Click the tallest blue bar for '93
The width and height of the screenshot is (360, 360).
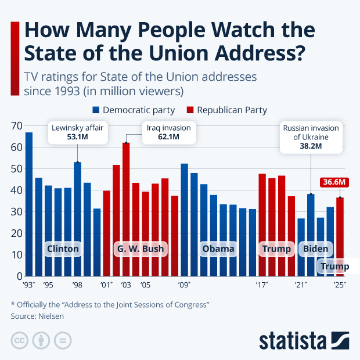coord(29,203)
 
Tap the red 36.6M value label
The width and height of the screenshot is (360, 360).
coord(334,182)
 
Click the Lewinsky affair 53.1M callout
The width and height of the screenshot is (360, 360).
coord(78,132)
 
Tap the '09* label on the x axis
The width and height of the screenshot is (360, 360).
coord(185,285)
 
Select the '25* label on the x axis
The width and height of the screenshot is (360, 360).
coord(340,285)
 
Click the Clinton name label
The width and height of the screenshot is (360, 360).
coord(63,249)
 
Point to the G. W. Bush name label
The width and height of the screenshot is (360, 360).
coord(140,249)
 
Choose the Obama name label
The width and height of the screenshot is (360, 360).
coord(218,249)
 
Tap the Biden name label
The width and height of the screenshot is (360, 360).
coord(316,249)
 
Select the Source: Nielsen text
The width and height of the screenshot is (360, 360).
coord(37,316)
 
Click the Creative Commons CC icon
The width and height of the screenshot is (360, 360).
coord(20,340)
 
